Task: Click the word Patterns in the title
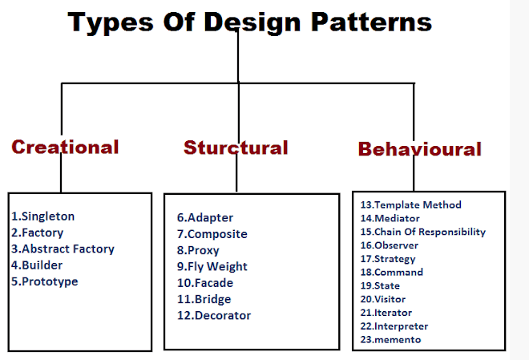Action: tap(371, 22)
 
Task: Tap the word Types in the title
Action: tap(111, 23)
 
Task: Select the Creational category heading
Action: tap(65, 147)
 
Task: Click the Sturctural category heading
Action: tap(236, 148)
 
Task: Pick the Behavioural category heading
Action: tap(420, 149)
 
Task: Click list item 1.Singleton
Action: tap(42, 216)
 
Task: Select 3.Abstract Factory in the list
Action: tap(63, 249)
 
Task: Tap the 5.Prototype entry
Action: tap(45, 281)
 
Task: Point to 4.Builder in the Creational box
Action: tap(37, 265)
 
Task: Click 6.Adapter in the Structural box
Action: tap(205, 217)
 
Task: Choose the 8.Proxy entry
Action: tap(198, 250)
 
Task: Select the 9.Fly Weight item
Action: tap(212, 266)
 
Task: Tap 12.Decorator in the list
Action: tap(214, 315)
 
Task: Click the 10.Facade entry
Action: tap(205, 283)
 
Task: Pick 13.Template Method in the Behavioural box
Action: tap(411, 204)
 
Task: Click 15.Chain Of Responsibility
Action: tap(423, 232)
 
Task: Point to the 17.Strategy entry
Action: tap(388, 259)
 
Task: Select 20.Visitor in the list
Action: tap(383, 299)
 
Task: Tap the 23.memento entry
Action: tap(390, 339)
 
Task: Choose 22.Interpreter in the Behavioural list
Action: tap(394, 326)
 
